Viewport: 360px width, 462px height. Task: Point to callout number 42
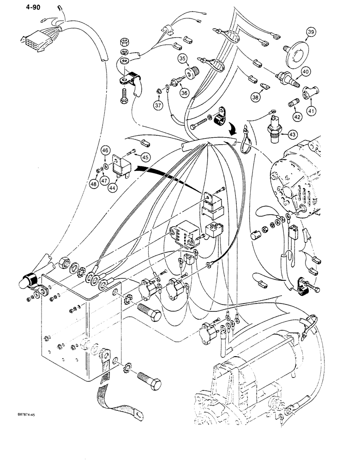296,117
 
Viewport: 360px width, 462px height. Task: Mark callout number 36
185,92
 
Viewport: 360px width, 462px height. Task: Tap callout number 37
159,105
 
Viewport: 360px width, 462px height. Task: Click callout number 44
112,188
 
